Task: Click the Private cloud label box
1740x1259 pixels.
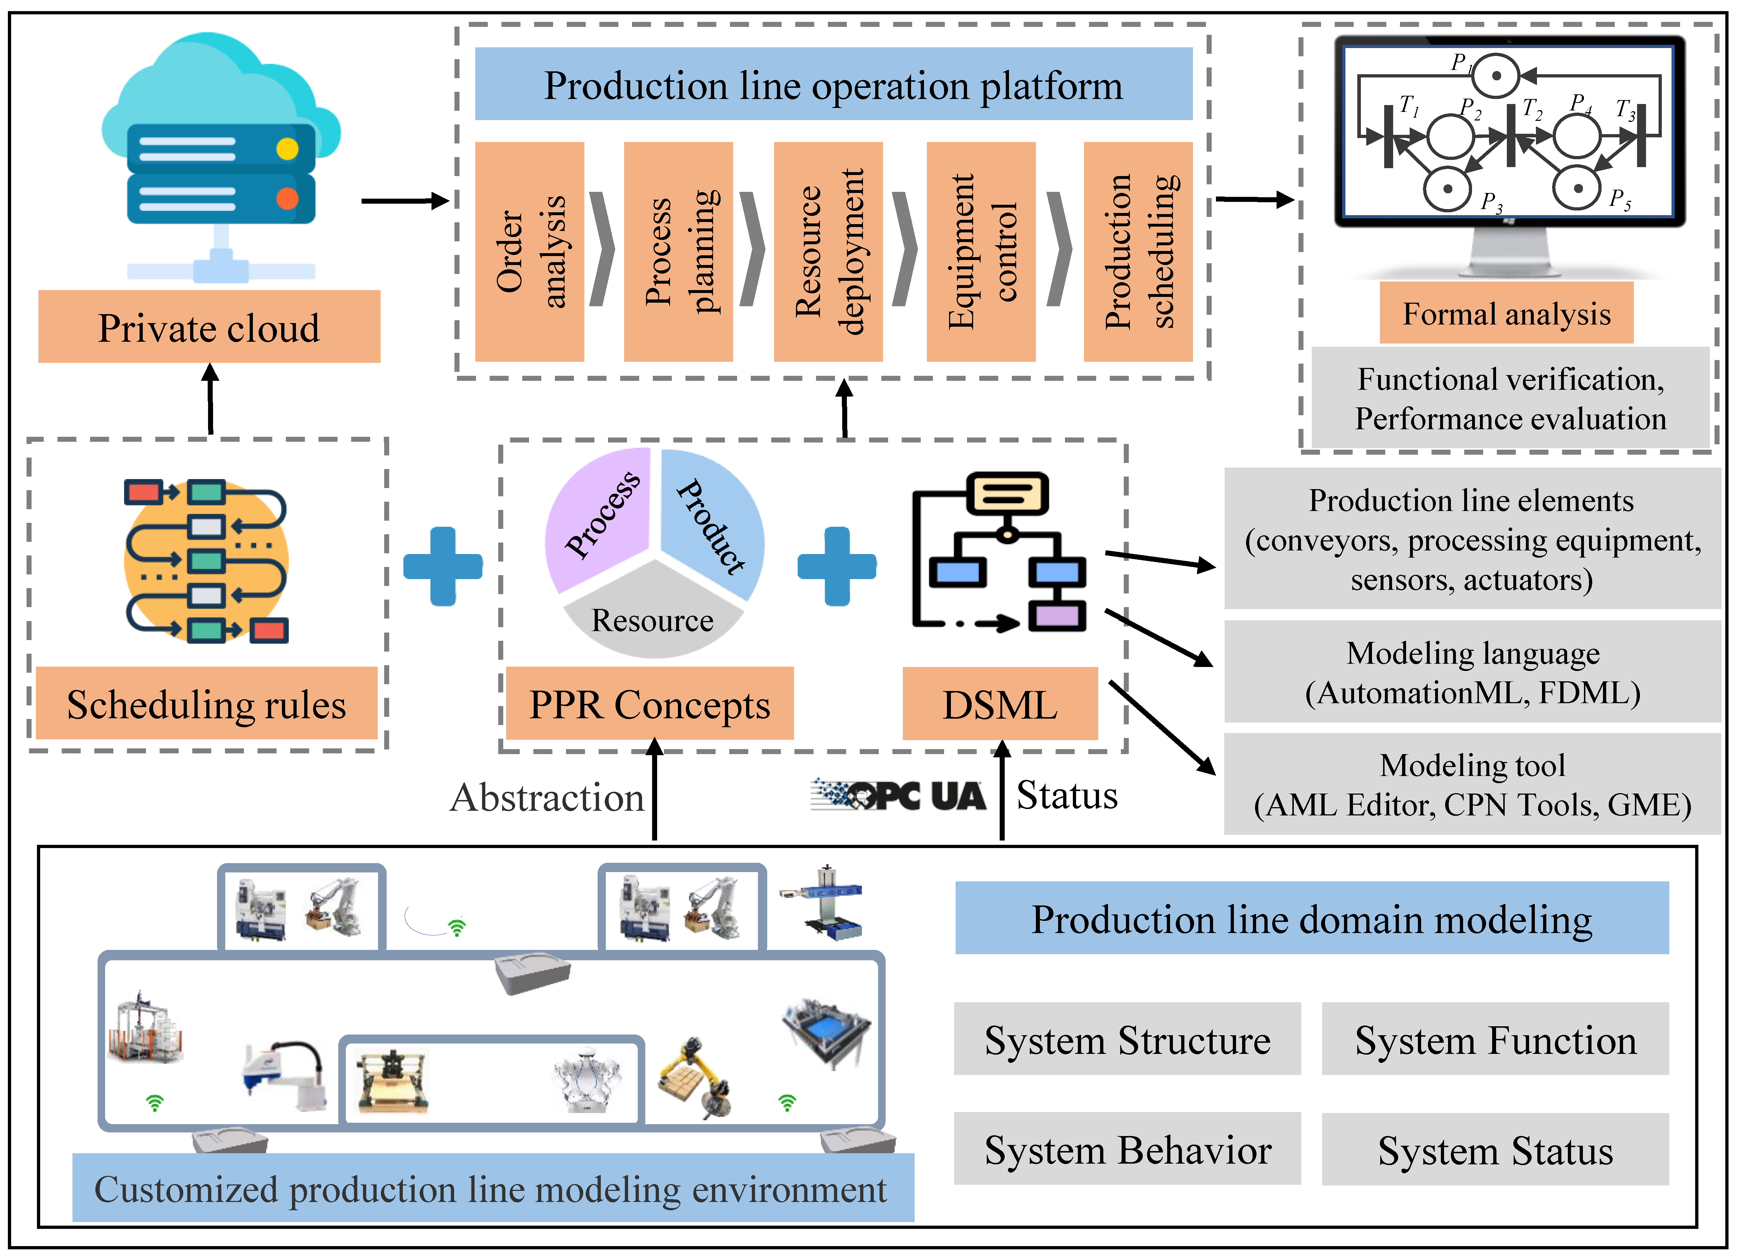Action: point(209,327)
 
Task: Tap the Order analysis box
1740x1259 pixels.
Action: point(529,251)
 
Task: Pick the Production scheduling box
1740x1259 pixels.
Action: point(1138,251)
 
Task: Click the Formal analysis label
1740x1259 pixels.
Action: point(1506,313)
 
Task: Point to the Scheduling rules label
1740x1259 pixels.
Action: point(206,704)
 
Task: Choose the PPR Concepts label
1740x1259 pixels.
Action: point(649,704)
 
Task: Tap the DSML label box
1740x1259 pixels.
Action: point(1000,704)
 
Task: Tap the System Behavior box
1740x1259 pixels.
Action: point(1127,1150)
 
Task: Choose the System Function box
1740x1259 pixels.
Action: point(1495,1040)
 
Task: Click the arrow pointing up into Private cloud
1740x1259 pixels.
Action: point(210,399)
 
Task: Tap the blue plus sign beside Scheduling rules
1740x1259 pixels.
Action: point(443,566)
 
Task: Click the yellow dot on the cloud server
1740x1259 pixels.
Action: point(287,148)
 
